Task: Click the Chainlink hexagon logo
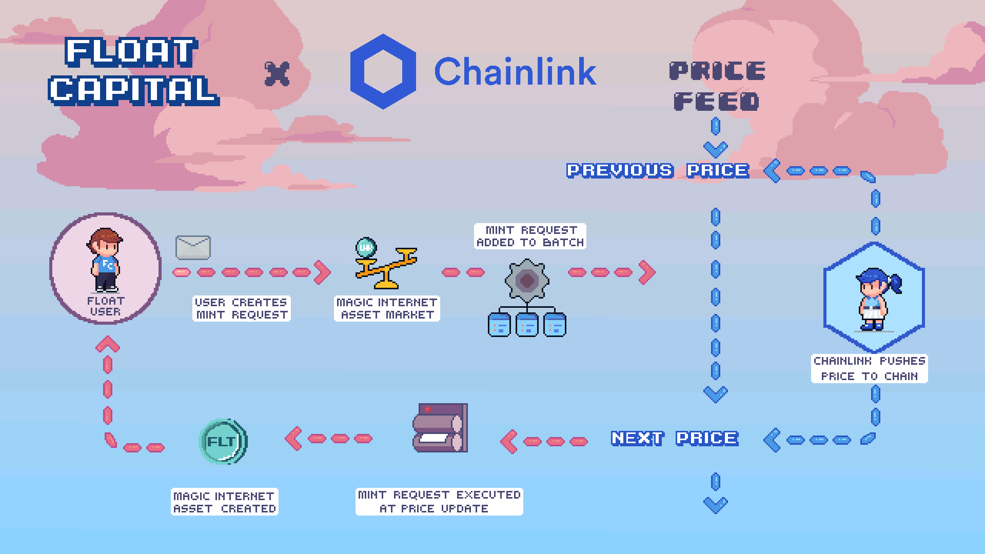point(383,71)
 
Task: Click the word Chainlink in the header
point(515,71)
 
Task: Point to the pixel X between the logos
point(277,74)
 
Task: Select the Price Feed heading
point(717,86)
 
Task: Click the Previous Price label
point(658,170)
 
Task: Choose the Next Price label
point(675,438)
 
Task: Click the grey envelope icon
point(193,248)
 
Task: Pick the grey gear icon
point(527,280)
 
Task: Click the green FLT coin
point(223,441)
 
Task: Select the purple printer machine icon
point(440,428)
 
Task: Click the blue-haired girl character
point(875,299)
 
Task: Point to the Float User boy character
point(106,261)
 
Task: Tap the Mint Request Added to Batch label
point(530,236)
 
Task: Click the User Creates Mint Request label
point(242,308)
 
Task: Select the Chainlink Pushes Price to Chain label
point(869,369)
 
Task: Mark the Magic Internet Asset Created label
point(224,502)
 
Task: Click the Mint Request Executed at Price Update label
point(439,502)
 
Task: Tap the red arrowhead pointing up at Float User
point(108,344)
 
